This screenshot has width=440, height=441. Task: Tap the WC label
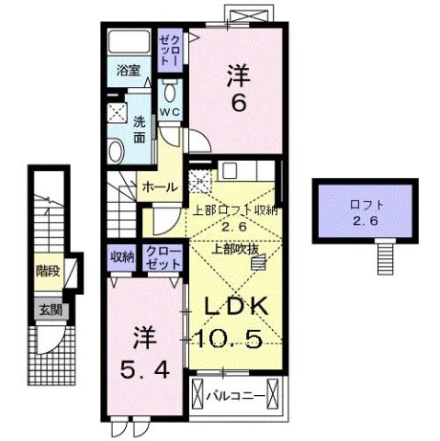169,112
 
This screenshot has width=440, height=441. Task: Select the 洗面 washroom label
139,130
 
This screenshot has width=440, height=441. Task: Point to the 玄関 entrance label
50,310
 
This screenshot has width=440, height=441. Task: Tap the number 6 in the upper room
237,104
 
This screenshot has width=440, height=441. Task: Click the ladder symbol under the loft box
386,257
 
